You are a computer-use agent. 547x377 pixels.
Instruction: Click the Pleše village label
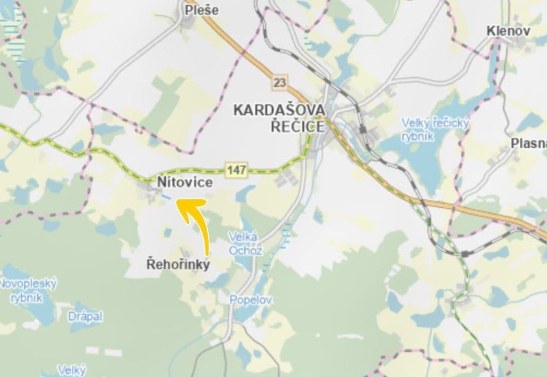201,10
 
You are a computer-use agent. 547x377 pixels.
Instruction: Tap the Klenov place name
508,31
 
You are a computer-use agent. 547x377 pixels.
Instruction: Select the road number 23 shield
279,83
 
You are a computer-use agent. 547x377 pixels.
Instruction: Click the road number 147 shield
236,170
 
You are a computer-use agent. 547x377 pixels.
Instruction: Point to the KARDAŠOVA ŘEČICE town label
279,118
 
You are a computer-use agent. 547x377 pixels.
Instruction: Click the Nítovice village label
185,182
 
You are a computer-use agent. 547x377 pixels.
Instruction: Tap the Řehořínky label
178,264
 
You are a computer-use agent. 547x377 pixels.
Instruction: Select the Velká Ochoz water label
245,243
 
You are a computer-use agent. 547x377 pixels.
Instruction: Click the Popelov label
251,299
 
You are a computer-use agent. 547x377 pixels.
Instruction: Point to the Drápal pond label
85,316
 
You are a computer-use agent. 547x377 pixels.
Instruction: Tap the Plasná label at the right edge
528,143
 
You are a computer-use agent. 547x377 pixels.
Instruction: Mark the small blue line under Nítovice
166,197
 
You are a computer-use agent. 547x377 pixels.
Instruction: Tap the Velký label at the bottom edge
72,370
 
